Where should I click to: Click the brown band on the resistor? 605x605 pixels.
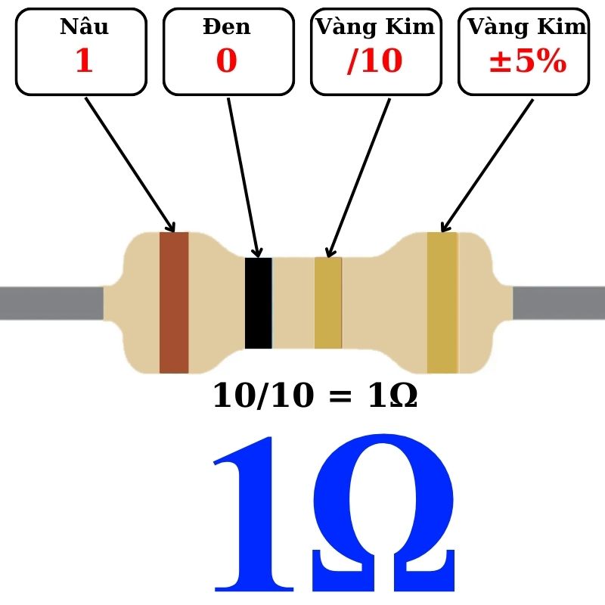(174, 302)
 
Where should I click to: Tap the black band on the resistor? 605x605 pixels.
(259, 303)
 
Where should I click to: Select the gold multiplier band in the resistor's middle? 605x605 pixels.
(328, 303)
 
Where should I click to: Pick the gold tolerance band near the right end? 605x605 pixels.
(442, 302)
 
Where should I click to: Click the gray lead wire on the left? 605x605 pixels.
(51, 303)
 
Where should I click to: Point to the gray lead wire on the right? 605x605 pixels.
(559, 303)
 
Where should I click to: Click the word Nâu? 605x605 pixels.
(85, 26)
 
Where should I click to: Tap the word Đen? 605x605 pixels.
(227, 26)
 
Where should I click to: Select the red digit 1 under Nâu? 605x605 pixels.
(85, 60)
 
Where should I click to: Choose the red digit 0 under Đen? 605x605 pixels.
(226, 60)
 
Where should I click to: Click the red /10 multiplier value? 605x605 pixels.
(375, 60)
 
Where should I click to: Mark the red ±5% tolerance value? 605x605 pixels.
(528, 61)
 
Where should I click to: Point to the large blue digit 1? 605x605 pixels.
(254, 514)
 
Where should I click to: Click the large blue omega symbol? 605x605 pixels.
(383, 513)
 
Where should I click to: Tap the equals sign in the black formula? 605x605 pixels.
(340, 396)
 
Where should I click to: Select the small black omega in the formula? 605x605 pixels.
(404, 396)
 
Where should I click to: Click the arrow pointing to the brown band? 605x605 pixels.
(130, 165)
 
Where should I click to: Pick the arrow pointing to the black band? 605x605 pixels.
(244, 178)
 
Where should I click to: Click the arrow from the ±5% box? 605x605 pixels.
(487, 166)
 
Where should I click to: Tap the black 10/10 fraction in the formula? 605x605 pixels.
(263, 396)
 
